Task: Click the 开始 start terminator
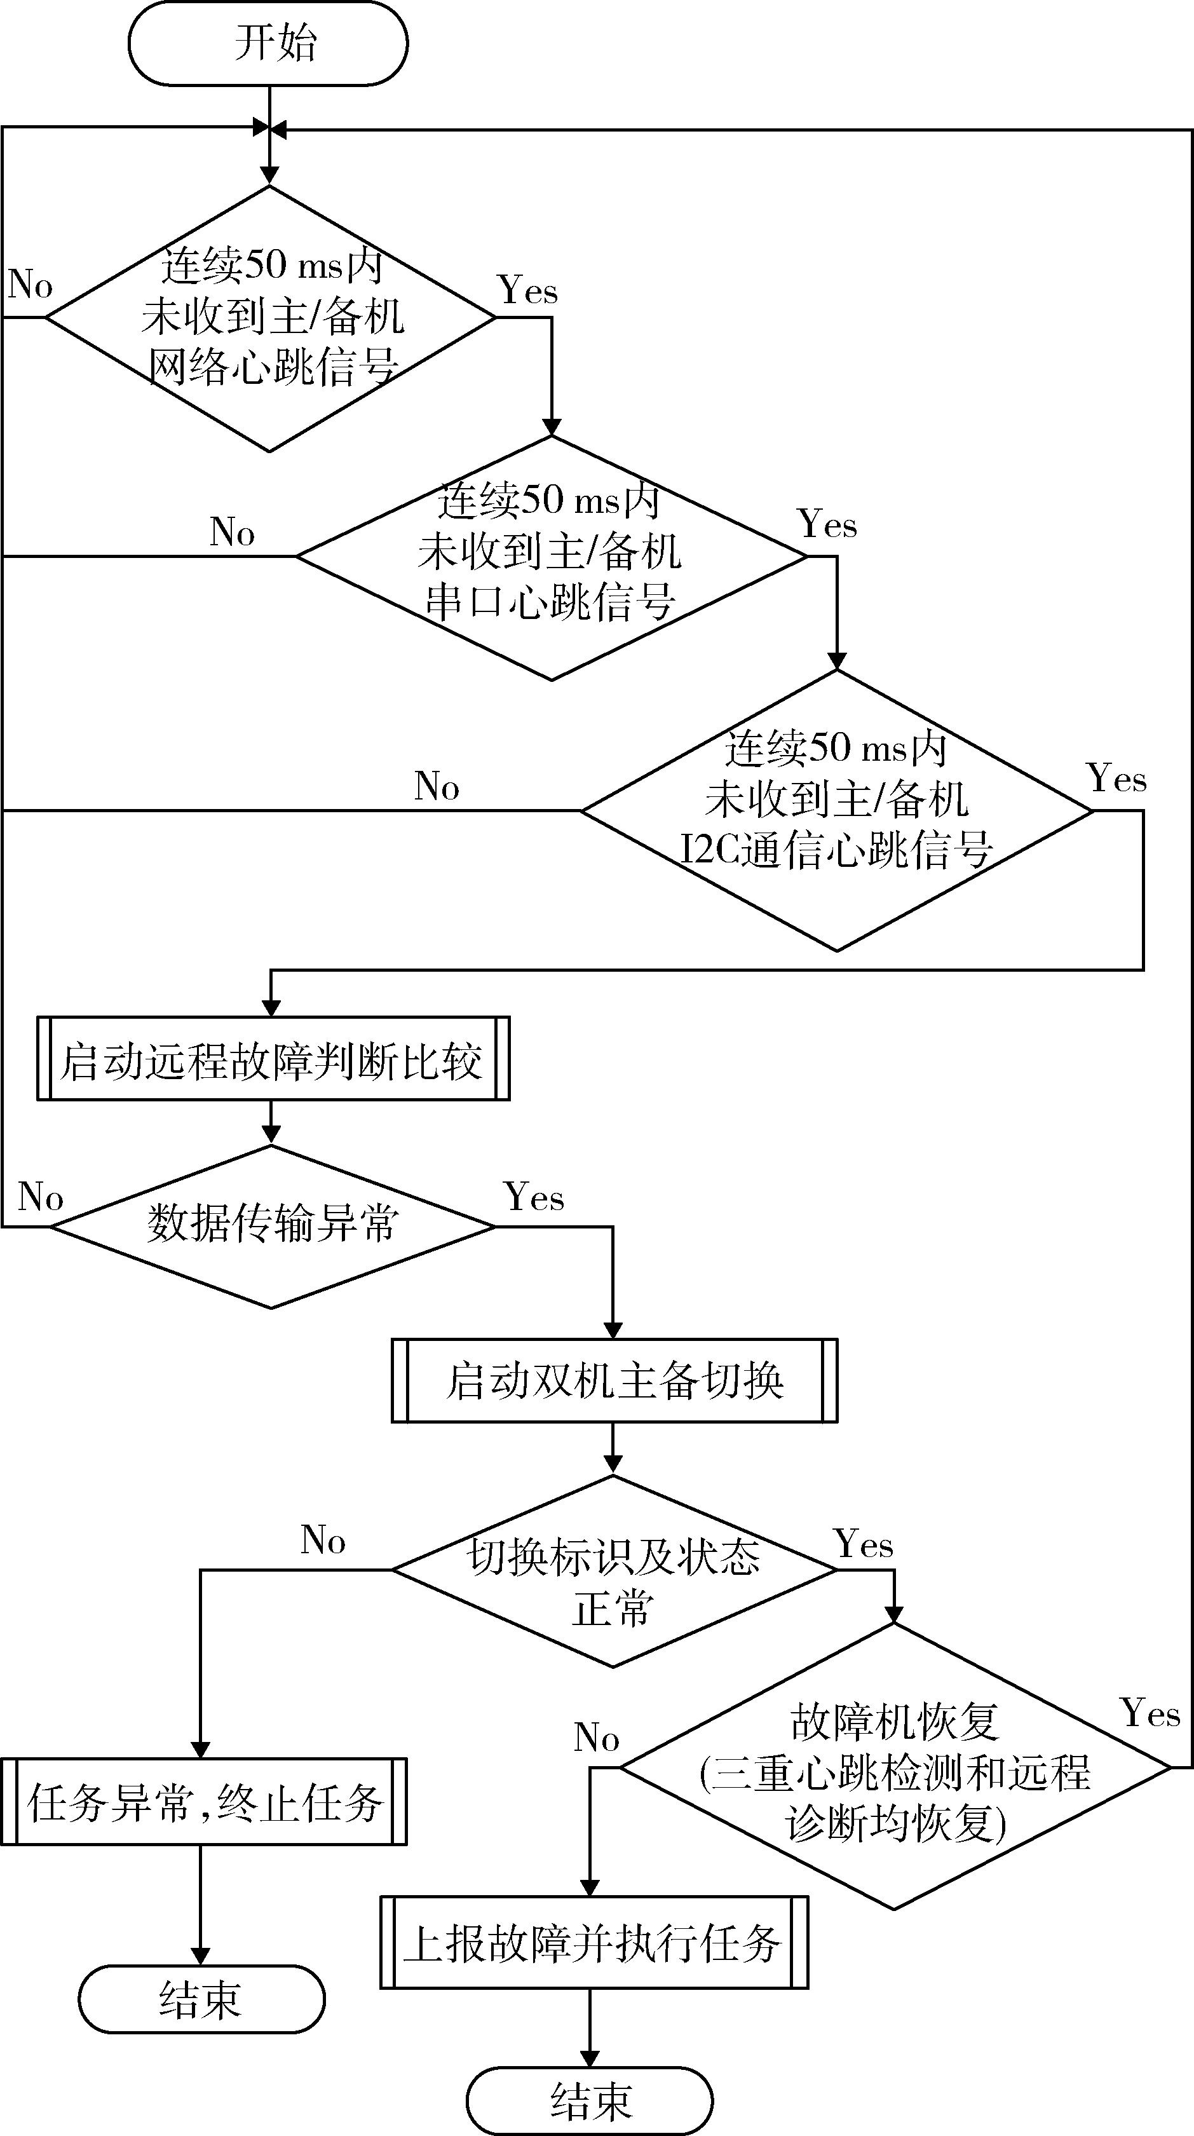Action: click(x=268, y=43)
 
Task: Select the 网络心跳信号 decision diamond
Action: click(x=269, y=318)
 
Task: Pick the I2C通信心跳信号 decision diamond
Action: click(x=837, y=810)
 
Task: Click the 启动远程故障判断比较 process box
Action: click(x=273, y=1059)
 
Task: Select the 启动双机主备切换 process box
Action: click(x=614, y=1380)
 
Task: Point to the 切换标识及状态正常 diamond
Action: click(x=614, y=1570)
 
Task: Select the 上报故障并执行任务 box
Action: click(x=594, y=1942)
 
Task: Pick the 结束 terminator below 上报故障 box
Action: click(x=590, y=2100)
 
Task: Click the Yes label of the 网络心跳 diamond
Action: click(x=528, y=291)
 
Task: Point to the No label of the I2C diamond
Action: click(x=437, y=786)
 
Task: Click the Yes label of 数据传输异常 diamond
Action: click(x=534, y=1197)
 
